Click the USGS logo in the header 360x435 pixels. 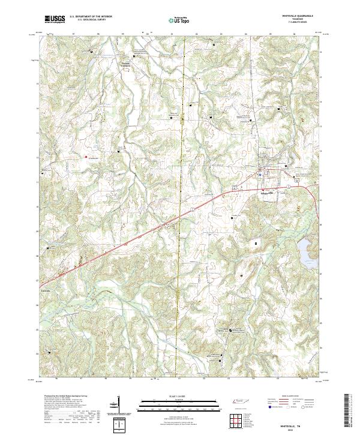pos(55,20)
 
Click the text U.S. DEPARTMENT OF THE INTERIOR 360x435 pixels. pos(90,17)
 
